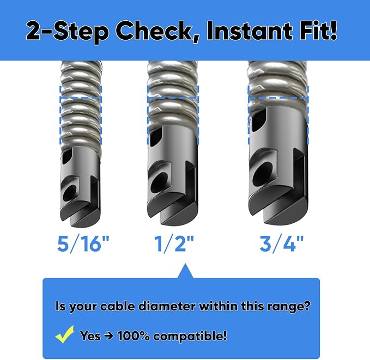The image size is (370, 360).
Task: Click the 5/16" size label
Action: pos(83,243)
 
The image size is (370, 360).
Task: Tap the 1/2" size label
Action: pos(174,243)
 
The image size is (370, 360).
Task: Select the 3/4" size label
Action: pos(281,243)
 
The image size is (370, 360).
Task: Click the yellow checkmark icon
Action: pos(64,334)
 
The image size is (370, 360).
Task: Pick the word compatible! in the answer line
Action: pos(190,336)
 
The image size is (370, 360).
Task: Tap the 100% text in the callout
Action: pos(134,335)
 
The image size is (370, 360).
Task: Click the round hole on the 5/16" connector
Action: pos(70,192)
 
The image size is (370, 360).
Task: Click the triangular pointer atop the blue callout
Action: pos(185,271)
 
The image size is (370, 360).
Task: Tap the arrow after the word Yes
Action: pos(108,335)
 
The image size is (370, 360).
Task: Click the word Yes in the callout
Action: pos(90,335)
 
